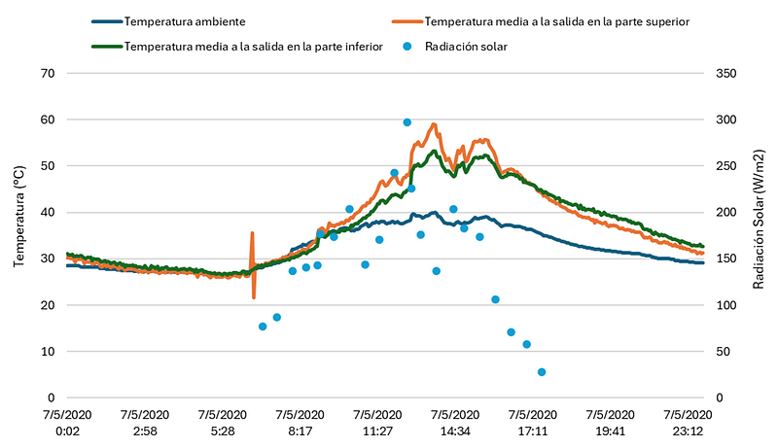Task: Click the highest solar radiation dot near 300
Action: click(x=407, y=122)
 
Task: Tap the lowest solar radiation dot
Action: click(x=542, y=372)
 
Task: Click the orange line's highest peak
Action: click(x=434, y=124)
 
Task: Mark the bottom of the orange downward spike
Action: click(x=254, y=296)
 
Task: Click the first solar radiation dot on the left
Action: click(x=263, y=327)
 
